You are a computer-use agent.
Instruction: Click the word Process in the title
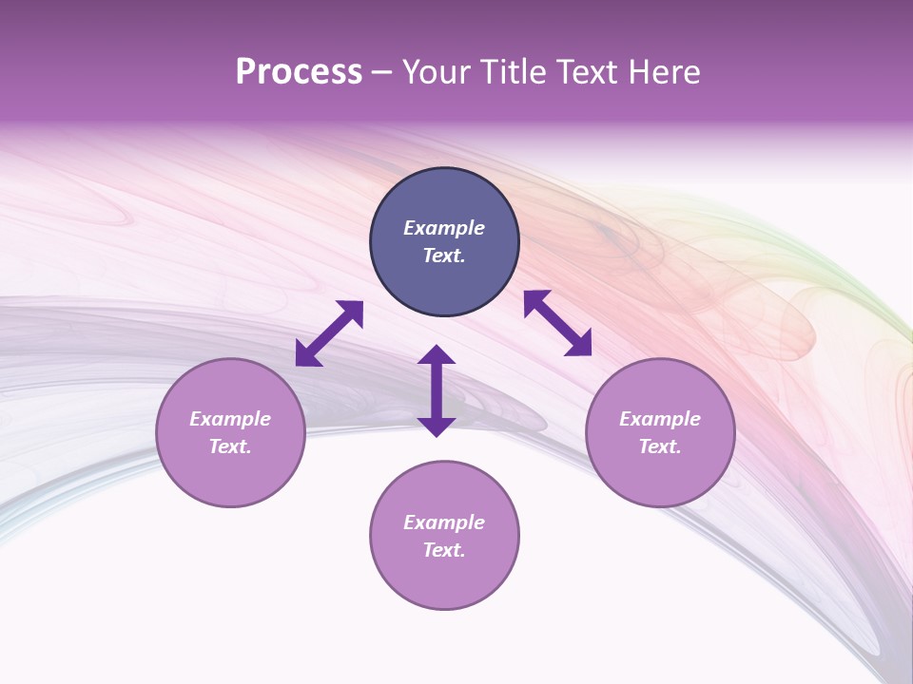(299, 72)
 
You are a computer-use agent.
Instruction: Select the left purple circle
(230, 475)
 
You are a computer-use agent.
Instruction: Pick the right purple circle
(660, 475)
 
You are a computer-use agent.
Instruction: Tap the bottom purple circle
(444, 579)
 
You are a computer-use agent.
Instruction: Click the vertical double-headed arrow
(437, 391)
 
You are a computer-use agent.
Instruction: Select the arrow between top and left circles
(329, 333)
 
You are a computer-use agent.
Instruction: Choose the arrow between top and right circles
(557, 323)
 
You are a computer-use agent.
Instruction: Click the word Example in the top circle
(444, 228)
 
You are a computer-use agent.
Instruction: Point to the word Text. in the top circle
(444, 256)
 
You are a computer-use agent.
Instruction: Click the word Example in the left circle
(230, 419)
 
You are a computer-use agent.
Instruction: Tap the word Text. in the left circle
(230, 446)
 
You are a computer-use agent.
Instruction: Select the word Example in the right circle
(660, 419)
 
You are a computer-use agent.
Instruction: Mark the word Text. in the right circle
(660, 446)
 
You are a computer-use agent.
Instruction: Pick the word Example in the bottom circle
(444, 522)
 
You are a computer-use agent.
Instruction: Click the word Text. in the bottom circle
(444, 550)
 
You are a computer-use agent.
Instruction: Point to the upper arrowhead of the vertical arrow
(437, 355)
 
